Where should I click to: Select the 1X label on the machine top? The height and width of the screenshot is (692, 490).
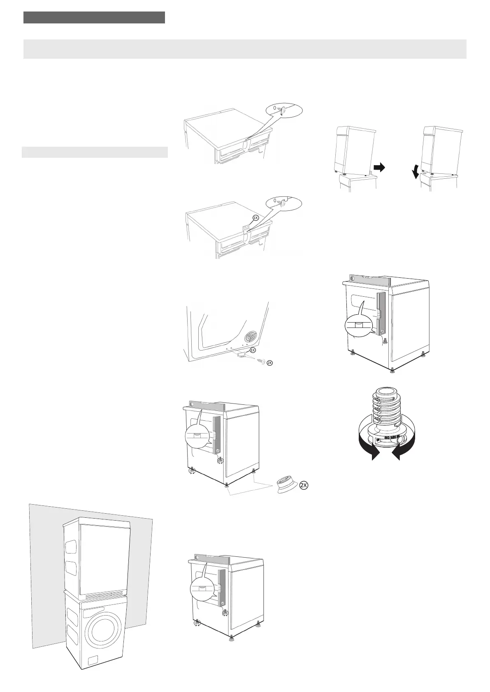(255, 218)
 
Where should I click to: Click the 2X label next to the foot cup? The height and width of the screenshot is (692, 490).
(304, 485)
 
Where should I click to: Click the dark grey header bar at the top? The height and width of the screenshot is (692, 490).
(94, 18)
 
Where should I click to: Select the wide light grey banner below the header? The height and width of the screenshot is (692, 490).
(245, 49)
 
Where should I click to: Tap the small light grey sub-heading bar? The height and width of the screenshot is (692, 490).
(95, 152)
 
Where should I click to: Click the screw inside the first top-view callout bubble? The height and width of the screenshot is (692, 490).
(282, 110)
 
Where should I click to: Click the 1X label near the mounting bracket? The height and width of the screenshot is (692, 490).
(253, 350)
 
